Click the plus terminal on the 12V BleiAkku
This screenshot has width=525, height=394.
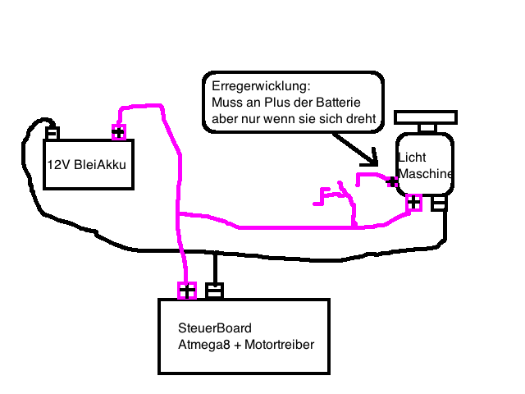click(118, 132)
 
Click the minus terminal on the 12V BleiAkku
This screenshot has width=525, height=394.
click(52, 132)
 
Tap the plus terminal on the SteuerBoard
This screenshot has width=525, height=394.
click(187, 291)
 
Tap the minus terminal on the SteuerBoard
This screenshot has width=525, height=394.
click(214, 291)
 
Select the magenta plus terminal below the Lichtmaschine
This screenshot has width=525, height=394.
click(414, 203)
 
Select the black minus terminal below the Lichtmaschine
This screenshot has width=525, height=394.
click(440, 203)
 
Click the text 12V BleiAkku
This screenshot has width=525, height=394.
click(86, 164)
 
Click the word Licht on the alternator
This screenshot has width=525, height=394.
click(411, 157)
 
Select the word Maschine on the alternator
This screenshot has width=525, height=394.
click(425, 174)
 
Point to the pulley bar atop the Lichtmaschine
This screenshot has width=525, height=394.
click(426, 116)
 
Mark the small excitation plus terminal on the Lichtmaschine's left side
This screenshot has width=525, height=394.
click(393, 181)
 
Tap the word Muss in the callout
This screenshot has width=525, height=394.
click(226, 103)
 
